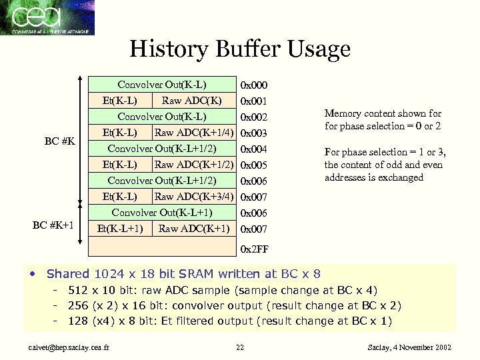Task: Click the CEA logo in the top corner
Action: pos(47,17)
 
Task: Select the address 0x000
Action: pos(253,85)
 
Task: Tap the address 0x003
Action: pos(253,133)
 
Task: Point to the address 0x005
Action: pos(253,165)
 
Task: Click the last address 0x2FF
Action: pos(253,249)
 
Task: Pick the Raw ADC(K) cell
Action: pos(192,101)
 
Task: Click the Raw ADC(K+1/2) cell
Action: pos(193,164)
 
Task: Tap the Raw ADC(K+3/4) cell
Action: pos(193,196)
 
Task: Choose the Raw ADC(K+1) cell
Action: pos(194,229)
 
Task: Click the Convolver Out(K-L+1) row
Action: pos(162,213)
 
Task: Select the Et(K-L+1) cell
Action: pos(120,229)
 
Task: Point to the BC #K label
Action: pos(59,141)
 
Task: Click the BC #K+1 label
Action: pos(55,225)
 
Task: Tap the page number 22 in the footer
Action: pos(240,347)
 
